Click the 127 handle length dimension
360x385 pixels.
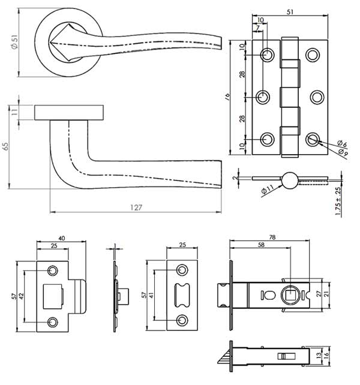coord(136,207)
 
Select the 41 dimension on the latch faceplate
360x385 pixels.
coord(151,296)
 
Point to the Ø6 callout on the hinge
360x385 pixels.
coord(341,143)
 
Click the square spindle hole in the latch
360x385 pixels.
coord(290,294)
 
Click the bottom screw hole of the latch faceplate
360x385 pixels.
coord(181,319)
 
